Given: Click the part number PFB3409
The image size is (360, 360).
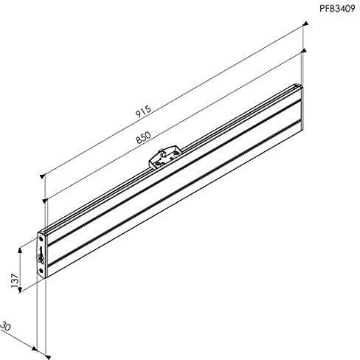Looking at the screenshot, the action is (x=337, y=9).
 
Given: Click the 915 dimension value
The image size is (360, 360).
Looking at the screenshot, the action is (x=143, y=112).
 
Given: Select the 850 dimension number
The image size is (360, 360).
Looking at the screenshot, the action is (x=143, y=137).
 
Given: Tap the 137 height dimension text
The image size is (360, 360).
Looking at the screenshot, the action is (x=15, y=280).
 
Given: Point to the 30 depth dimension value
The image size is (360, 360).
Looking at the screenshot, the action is (x=6, y=326).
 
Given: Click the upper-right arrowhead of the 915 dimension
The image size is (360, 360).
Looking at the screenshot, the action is (x=305, y=24).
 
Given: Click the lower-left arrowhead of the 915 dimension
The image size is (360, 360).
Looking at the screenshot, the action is (x=43, y=176).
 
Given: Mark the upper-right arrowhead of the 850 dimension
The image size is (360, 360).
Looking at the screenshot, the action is (x=304, y=50).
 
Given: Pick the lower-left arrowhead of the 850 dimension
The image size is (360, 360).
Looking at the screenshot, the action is (x=45, y=201).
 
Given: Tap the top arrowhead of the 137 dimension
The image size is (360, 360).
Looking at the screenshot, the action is (x=20, y=250).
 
